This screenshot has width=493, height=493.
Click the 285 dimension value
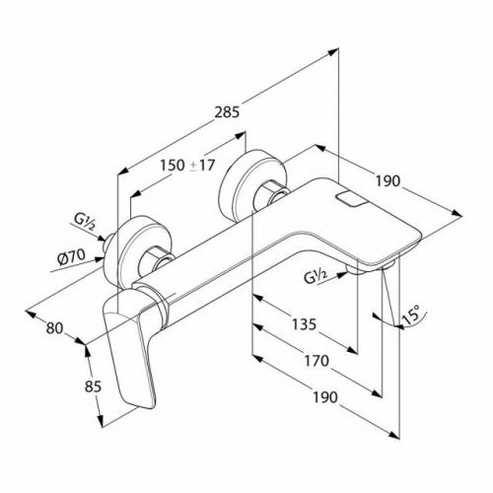[x=227, y=112]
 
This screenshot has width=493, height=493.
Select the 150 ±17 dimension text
[x=187, y=165]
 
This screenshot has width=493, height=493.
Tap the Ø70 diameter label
[x=71, y=256]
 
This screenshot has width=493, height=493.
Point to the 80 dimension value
[x=54, y=327]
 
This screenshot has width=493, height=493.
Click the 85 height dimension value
[x=93, y=387]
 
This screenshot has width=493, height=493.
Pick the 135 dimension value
[x=304, y=324]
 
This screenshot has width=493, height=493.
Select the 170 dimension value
[x=317, y=361]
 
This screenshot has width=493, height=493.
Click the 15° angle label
[x=411, y=315]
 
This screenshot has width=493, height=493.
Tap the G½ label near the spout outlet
[x=315, y=276]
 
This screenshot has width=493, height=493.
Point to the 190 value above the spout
[x=387, y=181]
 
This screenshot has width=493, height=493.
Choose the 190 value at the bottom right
[x=325, y=397]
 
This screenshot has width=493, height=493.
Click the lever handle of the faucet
[x=131, y=348]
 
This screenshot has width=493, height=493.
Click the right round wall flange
[x=253, y=185]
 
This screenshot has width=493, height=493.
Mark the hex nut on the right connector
[x=272, y=197]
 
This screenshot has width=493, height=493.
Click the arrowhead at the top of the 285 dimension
[x=334, y=51]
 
